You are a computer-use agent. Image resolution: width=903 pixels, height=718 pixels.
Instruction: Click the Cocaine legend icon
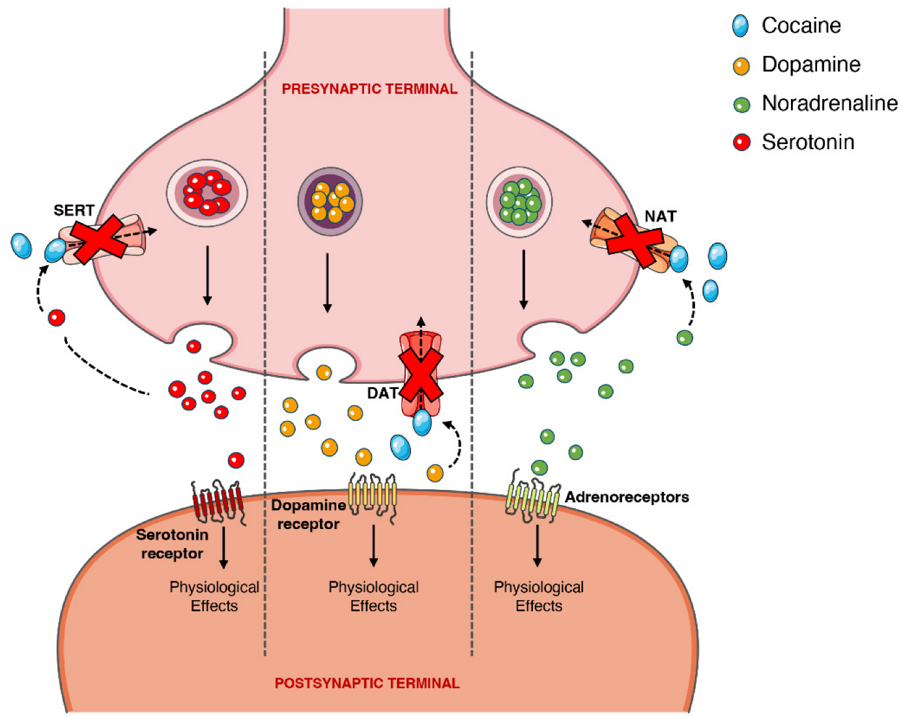coord(740,26)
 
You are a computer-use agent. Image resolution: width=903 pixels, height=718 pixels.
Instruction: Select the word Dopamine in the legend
coord(811,65)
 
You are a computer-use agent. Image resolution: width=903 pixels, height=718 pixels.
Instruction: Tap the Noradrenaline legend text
coord(829,103)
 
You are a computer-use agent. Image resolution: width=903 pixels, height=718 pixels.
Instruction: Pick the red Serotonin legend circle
coord(741,142)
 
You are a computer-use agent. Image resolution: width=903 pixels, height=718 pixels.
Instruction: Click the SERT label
coord(74,210)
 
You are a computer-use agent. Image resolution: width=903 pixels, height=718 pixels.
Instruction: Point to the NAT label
coord(660,216)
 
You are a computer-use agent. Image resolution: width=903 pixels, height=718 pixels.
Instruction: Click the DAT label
coord(382,393)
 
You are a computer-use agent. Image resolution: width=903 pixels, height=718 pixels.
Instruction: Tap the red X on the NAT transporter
coord(634,241)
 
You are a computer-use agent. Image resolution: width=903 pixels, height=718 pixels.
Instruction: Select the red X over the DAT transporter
coord(421,375)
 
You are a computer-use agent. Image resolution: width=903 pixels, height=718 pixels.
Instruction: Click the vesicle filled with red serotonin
coord(207,193)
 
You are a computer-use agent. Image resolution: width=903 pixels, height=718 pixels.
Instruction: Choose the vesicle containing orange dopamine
coord(330,201)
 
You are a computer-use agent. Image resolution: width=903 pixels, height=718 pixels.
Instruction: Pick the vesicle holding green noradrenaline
coord(519,201)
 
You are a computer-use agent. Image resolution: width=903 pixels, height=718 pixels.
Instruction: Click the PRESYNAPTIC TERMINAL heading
coord(369,89)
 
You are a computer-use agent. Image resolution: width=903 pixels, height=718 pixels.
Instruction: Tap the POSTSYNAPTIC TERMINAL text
coord(367,683)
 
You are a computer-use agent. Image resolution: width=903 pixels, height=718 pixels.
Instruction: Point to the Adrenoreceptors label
coord(627,497)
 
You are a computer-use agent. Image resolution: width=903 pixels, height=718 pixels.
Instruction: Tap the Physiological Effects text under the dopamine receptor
coord(373,596)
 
